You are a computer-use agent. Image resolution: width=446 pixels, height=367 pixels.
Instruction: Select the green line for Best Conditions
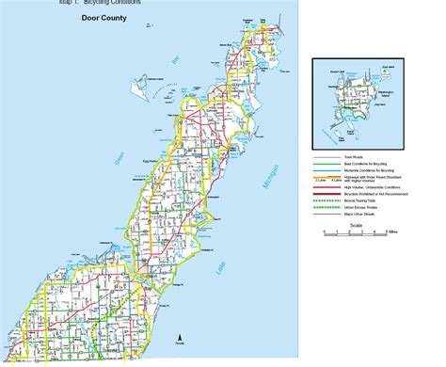[329, 137]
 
